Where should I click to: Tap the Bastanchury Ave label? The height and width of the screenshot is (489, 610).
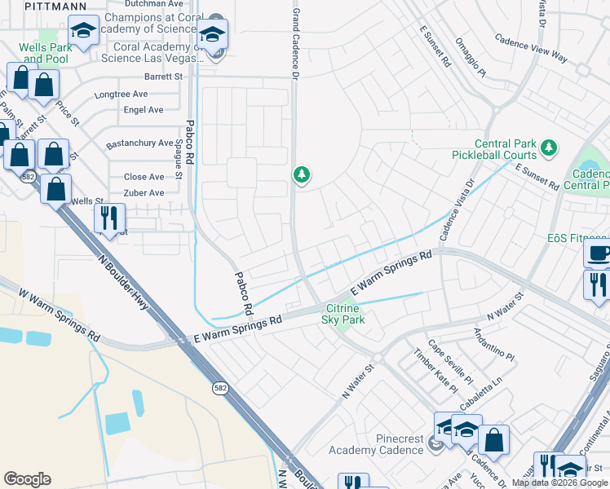(139, 143)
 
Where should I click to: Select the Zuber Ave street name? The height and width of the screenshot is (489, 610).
(144, 193)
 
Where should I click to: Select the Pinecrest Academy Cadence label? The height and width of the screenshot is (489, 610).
(375, 445)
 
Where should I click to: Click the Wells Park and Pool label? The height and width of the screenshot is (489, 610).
(47, 53)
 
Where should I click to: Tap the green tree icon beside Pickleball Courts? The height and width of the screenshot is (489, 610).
(550, 148)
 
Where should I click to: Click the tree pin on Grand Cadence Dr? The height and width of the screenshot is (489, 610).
(302, 174)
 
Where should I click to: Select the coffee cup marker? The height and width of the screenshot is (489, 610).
(599, 253)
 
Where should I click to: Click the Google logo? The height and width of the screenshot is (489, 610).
(28, 479)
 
